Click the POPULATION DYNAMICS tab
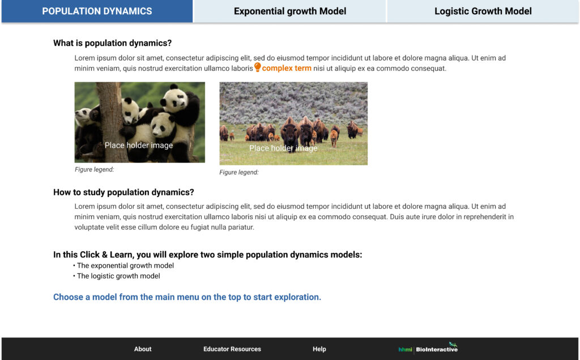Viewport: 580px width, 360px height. [97, 11]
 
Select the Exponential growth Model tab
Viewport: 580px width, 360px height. [290, 11]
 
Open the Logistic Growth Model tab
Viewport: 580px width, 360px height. [483, 11]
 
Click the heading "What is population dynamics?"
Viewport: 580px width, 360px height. [113, 43]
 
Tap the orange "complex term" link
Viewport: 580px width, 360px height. [287, 68]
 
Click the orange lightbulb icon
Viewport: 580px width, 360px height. [258, 67]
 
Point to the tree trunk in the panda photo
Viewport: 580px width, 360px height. [112, 122]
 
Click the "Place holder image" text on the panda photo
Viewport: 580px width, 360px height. [139, 145]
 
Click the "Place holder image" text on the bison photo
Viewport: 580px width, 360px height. [283, 148]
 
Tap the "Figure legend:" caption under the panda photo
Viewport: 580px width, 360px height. [95, 170]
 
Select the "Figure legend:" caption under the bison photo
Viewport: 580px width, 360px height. [239, 172]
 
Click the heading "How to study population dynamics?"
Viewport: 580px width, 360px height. [123, 192]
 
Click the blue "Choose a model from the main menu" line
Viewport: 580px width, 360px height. [187, 297]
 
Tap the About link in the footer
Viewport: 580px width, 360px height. [143, 349]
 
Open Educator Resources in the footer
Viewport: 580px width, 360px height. [232, 349]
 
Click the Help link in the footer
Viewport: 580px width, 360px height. [319, 349]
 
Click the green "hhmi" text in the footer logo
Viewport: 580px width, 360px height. [405, 349]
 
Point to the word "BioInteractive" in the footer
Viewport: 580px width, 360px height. [437, 349]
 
